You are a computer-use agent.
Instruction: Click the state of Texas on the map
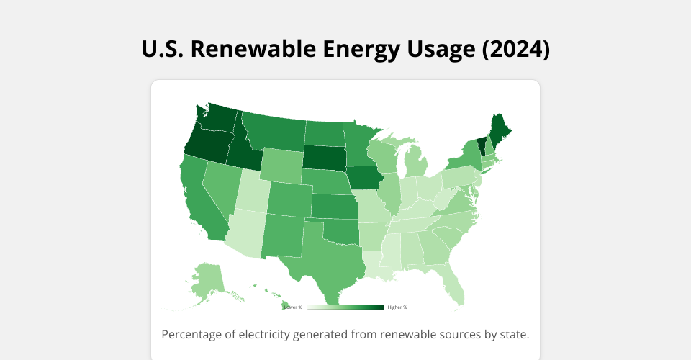pyautogui.click(x=324, y=256)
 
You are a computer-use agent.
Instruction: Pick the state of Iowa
pyautogui.click(x=365, y=177)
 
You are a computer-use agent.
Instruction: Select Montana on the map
pyautogui.click(x=274, y=130)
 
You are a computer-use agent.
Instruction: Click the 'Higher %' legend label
pyautogui.click(x=397, y=307)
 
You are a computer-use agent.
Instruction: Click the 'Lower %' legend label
pyautogui.click(x=293, y=307)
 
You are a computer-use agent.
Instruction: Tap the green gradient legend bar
pyautogui.click(x=345, y=307)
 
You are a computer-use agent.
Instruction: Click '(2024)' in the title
pyautogui.click(x=515, y=49)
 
